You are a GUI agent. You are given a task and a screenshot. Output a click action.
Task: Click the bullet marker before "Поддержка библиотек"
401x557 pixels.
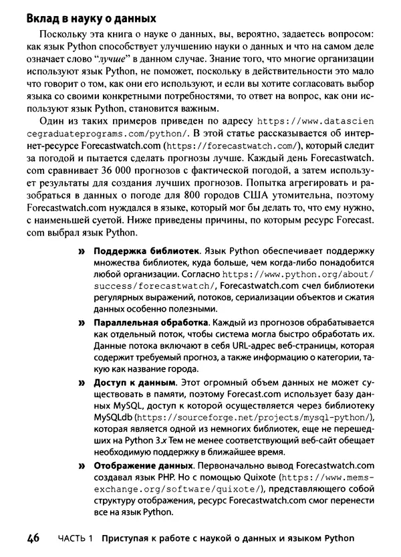pos(83,258)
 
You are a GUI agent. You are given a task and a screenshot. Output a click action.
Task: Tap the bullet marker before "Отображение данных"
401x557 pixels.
pos(83,466)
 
